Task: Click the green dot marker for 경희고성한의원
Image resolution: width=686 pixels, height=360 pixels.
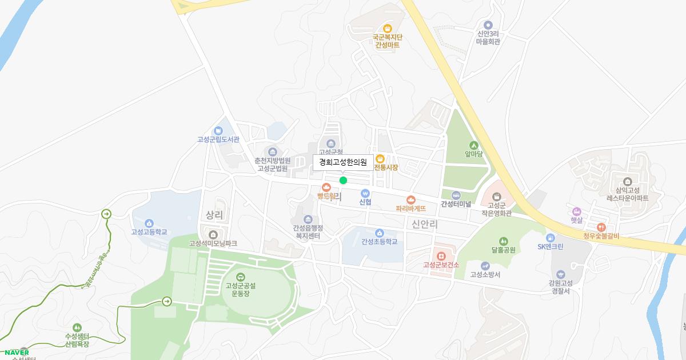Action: (x=343, y=181)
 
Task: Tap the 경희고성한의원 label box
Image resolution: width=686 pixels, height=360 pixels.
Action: (x=343, y=162)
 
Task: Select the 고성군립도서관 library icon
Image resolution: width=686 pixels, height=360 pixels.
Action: (x=218, y=131)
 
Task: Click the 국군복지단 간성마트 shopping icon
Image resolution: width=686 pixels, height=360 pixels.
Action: (x=388, y=29)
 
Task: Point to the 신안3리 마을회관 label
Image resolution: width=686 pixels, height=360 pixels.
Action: (x=488, y=37)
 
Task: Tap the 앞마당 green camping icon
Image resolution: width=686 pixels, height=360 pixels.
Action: (x=474, y=145)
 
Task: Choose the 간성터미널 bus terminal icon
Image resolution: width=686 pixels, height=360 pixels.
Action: (x=456, y=195)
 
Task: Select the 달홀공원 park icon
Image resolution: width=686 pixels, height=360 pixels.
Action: (x=503, y=241)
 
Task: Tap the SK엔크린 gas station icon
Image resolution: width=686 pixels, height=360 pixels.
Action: (x=550, y=238)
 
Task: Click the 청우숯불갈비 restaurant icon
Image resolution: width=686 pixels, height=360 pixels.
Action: (x=601, y=227)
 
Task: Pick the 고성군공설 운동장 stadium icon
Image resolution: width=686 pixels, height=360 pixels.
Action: (x=240, y=277)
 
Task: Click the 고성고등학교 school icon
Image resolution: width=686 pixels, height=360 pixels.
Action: (x=149, y=223)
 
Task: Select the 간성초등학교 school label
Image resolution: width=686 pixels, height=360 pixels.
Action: (x=379, y=242)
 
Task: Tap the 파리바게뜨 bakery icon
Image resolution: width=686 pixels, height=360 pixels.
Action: (x=410, y=199)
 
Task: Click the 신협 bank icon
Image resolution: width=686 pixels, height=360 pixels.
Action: (x=365, y=193)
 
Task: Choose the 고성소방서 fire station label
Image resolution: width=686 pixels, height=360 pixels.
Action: (x=485, y=275)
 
